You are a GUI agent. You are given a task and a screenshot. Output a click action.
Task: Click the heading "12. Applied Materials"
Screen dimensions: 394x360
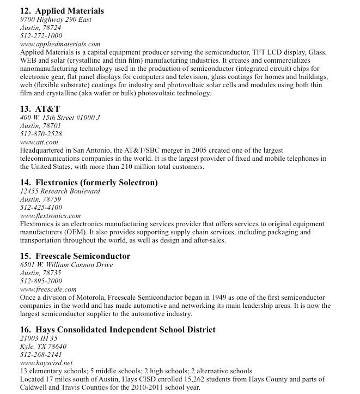[x=62, y=11]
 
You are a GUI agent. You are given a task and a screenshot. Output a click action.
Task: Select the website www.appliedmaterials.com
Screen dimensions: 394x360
[x=60, y=44]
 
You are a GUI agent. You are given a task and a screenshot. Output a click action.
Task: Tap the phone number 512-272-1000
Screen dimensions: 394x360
[x=41, y=36]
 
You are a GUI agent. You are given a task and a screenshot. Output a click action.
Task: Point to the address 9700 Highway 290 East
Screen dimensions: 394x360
[x=56, y=20]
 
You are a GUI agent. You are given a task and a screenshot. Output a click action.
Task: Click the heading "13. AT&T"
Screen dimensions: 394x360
[x=40, y=109]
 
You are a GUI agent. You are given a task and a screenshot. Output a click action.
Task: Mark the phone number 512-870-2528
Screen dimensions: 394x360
[x=41, y=134]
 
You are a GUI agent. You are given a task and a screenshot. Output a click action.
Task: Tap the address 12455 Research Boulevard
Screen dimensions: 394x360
[x=60, y=191]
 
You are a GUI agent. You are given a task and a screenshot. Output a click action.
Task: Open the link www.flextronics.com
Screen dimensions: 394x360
[x=50, y=216]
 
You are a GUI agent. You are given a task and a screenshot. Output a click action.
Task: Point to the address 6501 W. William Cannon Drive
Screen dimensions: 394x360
[x=66, y=265]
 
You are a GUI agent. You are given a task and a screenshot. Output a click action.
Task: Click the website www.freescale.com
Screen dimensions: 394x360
[x=48, y=289]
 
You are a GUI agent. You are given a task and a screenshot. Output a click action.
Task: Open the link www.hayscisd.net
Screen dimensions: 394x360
[x=46, y=363]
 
